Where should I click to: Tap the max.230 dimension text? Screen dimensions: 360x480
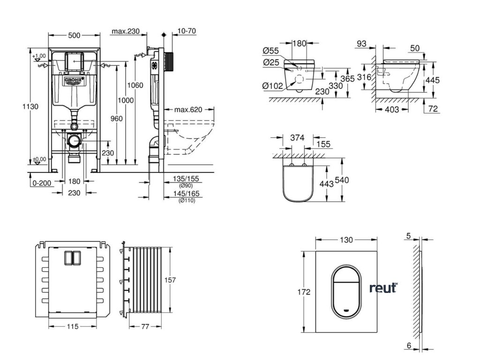pyautogui.click(x=126, y=31)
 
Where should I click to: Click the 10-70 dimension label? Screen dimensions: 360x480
pyautogui.click(x=187, y=31)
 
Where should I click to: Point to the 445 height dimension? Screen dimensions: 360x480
pyautogui.click(x=432, y=80)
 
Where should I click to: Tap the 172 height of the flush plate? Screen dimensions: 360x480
pyautogui.click(x=305, y=292)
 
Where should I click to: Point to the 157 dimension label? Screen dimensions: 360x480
pyautogui.click(x=170, y=280)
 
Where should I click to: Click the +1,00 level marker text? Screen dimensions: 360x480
pyautogui.click(x=41, y=56)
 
